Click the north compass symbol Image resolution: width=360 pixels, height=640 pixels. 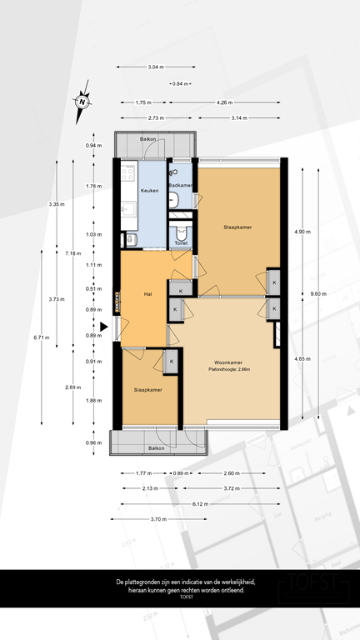pyautogui.click(x=82, y=101)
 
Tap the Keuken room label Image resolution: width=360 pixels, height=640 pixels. pyautogui.click(x=149, y=191)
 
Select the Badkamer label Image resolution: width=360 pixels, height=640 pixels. pyautogui.click(x=181, y=185)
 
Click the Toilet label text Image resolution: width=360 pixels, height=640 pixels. pyautogui.click(x=181, y=242)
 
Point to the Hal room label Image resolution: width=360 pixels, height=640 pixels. pyautogui.click(x=147, y=293)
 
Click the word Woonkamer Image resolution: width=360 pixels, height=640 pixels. pyautogui.click(x=227, y=361)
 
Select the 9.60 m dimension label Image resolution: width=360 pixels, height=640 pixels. pyautogui.click(x=317, y=293)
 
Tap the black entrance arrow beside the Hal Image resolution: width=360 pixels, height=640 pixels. pyautogui.click(x=103, y=327)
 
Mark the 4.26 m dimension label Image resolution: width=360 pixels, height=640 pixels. pyautogui.click(x=223, y=102)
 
